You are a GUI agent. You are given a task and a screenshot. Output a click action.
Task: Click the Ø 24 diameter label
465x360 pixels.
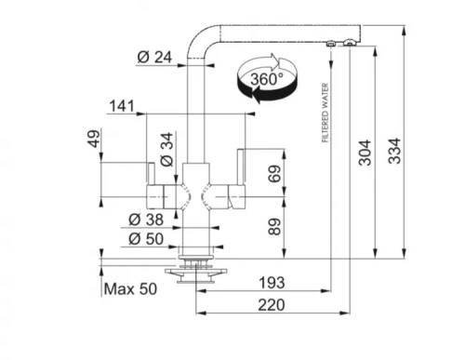154,57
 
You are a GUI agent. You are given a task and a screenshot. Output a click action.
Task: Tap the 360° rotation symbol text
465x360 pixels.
267,79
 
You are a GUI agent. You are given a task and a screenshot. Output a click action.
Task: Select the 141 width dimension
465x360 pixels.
122,106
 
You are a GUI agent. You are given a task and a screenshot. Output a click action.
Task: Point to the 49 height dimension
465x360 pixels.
94,139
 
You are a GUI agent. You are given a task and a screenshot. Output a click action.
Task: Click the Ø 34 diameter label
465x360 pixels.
166,149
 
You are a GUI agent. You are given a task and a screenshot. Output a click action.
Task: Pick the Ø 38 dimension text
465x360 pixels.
146,220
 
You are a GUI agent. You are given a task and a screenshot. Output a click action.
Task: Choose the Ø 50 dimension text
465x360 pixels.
146,239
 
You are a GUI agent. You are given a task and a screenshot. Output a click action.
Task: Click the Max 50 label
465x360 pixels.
130,289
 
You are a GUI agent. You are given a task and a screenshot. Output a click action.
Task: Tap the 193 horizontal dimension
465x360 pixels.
272,283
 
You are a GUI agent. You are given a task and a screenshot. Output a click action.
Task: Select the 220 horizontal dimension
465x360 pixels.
272,305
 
